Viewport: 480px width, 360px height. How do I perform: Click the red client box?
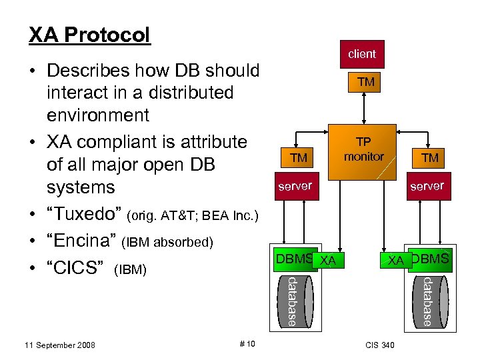click(x=362, y=54)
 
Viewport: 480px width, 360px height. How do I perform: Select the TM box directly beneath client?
click(x=365, y=82)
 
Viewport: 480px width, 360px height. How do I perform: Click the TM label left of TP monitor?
click(x=299, y=157)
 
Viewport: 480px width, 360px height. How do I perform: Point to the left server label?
click(x=295, y=186)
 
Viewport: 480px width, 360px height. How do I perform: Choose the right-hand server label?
click(x=427, y=186)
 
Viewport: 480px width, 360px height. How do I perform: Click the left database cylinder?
click(x=291, y=301)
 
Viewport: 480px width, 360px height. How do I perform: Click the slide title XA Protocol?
click(x=89, y=35)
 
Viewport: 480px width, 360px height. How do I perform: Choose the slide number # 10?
click(x=246, y=344)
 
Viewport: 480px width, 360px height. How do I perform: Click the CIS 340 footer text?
click(x=380, y=345)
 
